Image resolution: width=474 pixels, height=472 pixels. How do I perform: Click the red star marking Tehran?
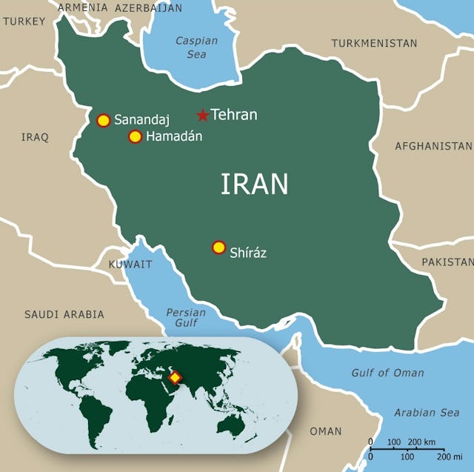click(202, 115)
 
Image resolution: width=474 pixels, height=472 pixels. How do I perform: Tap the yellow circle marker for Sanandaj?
click(104, 120)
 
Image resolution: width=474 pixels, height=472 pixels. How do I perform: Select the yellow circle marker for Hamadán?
click(135, 136)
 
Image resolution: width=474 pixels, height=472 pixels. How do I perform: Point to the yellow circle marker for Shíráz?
click(218, 247)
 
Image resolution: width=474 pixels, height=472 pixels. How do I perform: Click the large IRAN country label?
click(254, 185)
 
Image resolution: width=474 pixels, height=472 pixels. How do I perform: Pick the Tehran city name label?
click(234, 115)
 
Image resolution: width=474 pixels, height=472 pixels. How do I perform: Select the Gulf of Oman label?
click(387, 373)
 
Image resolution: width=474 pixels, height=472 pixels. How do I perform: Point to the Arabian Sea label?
click(426, 413)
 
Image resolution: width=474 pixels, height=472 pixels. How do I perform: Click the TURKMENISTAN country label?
click(374, 44)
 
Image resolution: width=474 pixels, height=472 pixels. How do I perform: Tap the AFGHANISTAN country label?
click(433, 146)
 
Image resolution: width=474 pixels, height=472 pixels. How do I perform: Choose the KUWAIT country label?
click(130, 265)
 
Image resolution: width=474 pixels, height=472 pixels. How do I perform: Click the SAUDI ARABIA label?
click(64, 314)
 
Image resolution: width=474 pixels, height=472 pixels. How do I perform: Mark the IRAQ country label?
click(35, 137)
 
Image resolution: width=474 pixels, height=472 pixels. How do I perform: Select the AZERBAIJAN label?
click(148, 8)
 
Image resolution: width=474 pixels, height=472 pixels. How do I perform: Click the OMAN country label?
click(326, 431)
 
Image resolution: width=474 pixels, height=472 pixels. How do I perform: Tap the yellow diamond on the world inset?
click(175, 378)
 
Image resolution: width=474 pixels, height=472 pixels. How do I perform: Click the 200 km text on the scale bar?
click(420, 442)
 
